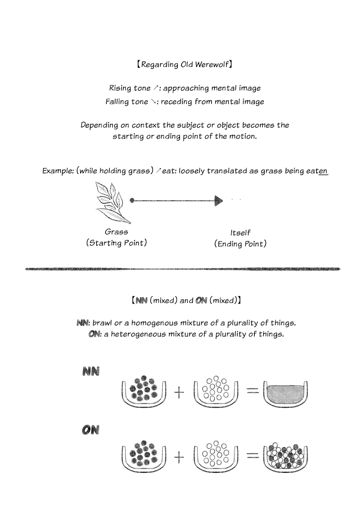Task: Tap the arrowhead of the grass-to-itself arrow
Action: click(x=219, y=200)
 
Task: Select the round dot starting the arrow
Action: click(x=132, y=200)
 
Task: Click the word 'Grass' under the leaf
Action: click(x=116, y=232)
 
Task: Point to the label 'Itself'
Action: click(x=240, y=233)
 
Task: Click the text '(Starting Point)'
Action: click(x=116, y=243)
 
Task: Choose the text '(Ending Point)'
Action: click(x=240, y=244)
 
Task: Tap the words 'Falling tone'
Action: click(x=126, y=102)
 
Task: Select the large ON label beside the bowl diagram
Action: click(x=91, y=430)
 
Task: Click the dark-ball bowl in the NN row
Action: click(x=144, y=391)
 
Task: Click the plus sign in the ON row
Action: click(x=179, y=457)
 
